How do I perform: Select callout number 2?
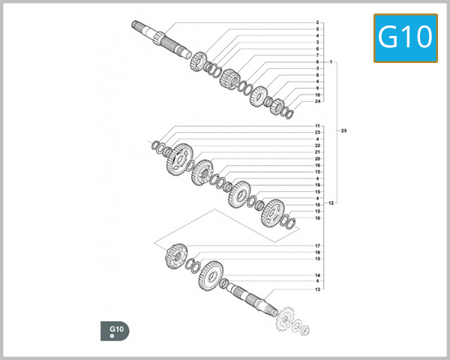(x=317, y=22)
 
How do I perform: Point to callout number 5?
(x=317, y=29)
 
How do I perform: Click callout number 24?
(x=318, y=101)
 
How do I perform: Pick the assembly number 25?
(x=343, y=131)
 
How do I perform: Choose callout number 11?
(x=318, y=126)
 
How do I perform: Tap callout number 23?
(x=318, y=133)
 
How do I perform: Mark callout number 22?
(x=318, y=145)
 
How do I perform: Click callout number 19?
(x=318, y=185)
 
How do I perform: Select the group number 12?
(x=331, y=203)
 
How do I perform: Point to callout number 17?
(x=318, y=246)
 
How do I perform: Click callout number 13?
(x=318, y=289)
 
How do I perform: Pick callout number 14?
(x=318, y=275)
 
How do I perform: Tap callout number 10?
(x=318, y=94)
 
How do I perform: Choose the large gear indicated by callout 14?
(x=211, y=275)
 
